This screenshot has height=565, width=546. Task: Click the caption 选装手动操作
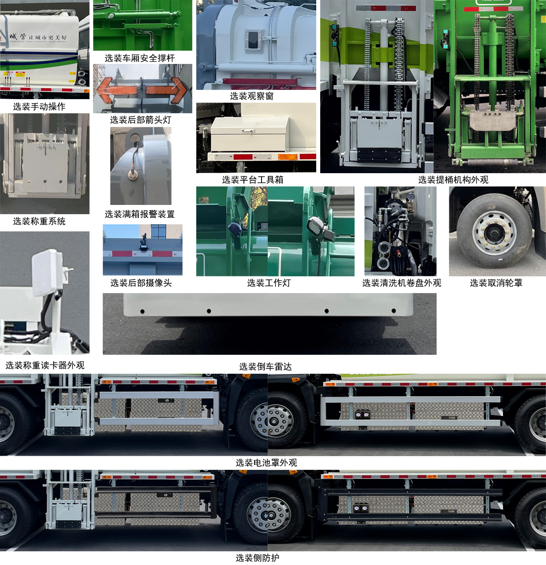tap(39, 107)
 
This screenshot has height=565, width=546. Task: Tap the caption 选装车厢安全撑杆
tap(140, 58)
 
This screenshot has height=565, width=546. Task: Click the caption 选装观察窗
tap(252, 96)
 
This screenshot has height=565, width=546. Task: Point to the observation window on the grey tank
tap(253, 40)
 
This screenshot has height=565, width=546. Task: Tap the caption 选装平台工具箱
tap(253, 180)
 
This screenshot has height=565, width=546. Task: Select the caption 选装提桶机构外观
tap(453, 180)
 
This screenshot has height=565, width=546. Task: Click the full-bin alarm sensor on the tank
tap(132, 175)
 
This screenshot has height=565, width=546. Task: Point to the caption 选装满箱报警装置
tap(140, 214)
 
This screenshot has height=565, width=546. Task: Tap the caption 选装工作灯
tap(269, 283)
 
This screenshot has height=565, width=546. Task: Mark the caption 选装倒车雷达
tap(266, 367)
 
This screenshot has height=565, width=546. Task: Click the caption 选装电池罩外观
tap(266, 463)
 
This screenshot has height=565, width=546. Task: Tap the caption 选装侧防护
tap(258, 558)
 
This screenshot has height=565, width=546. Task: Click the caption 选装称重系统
tap(39, 221)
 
